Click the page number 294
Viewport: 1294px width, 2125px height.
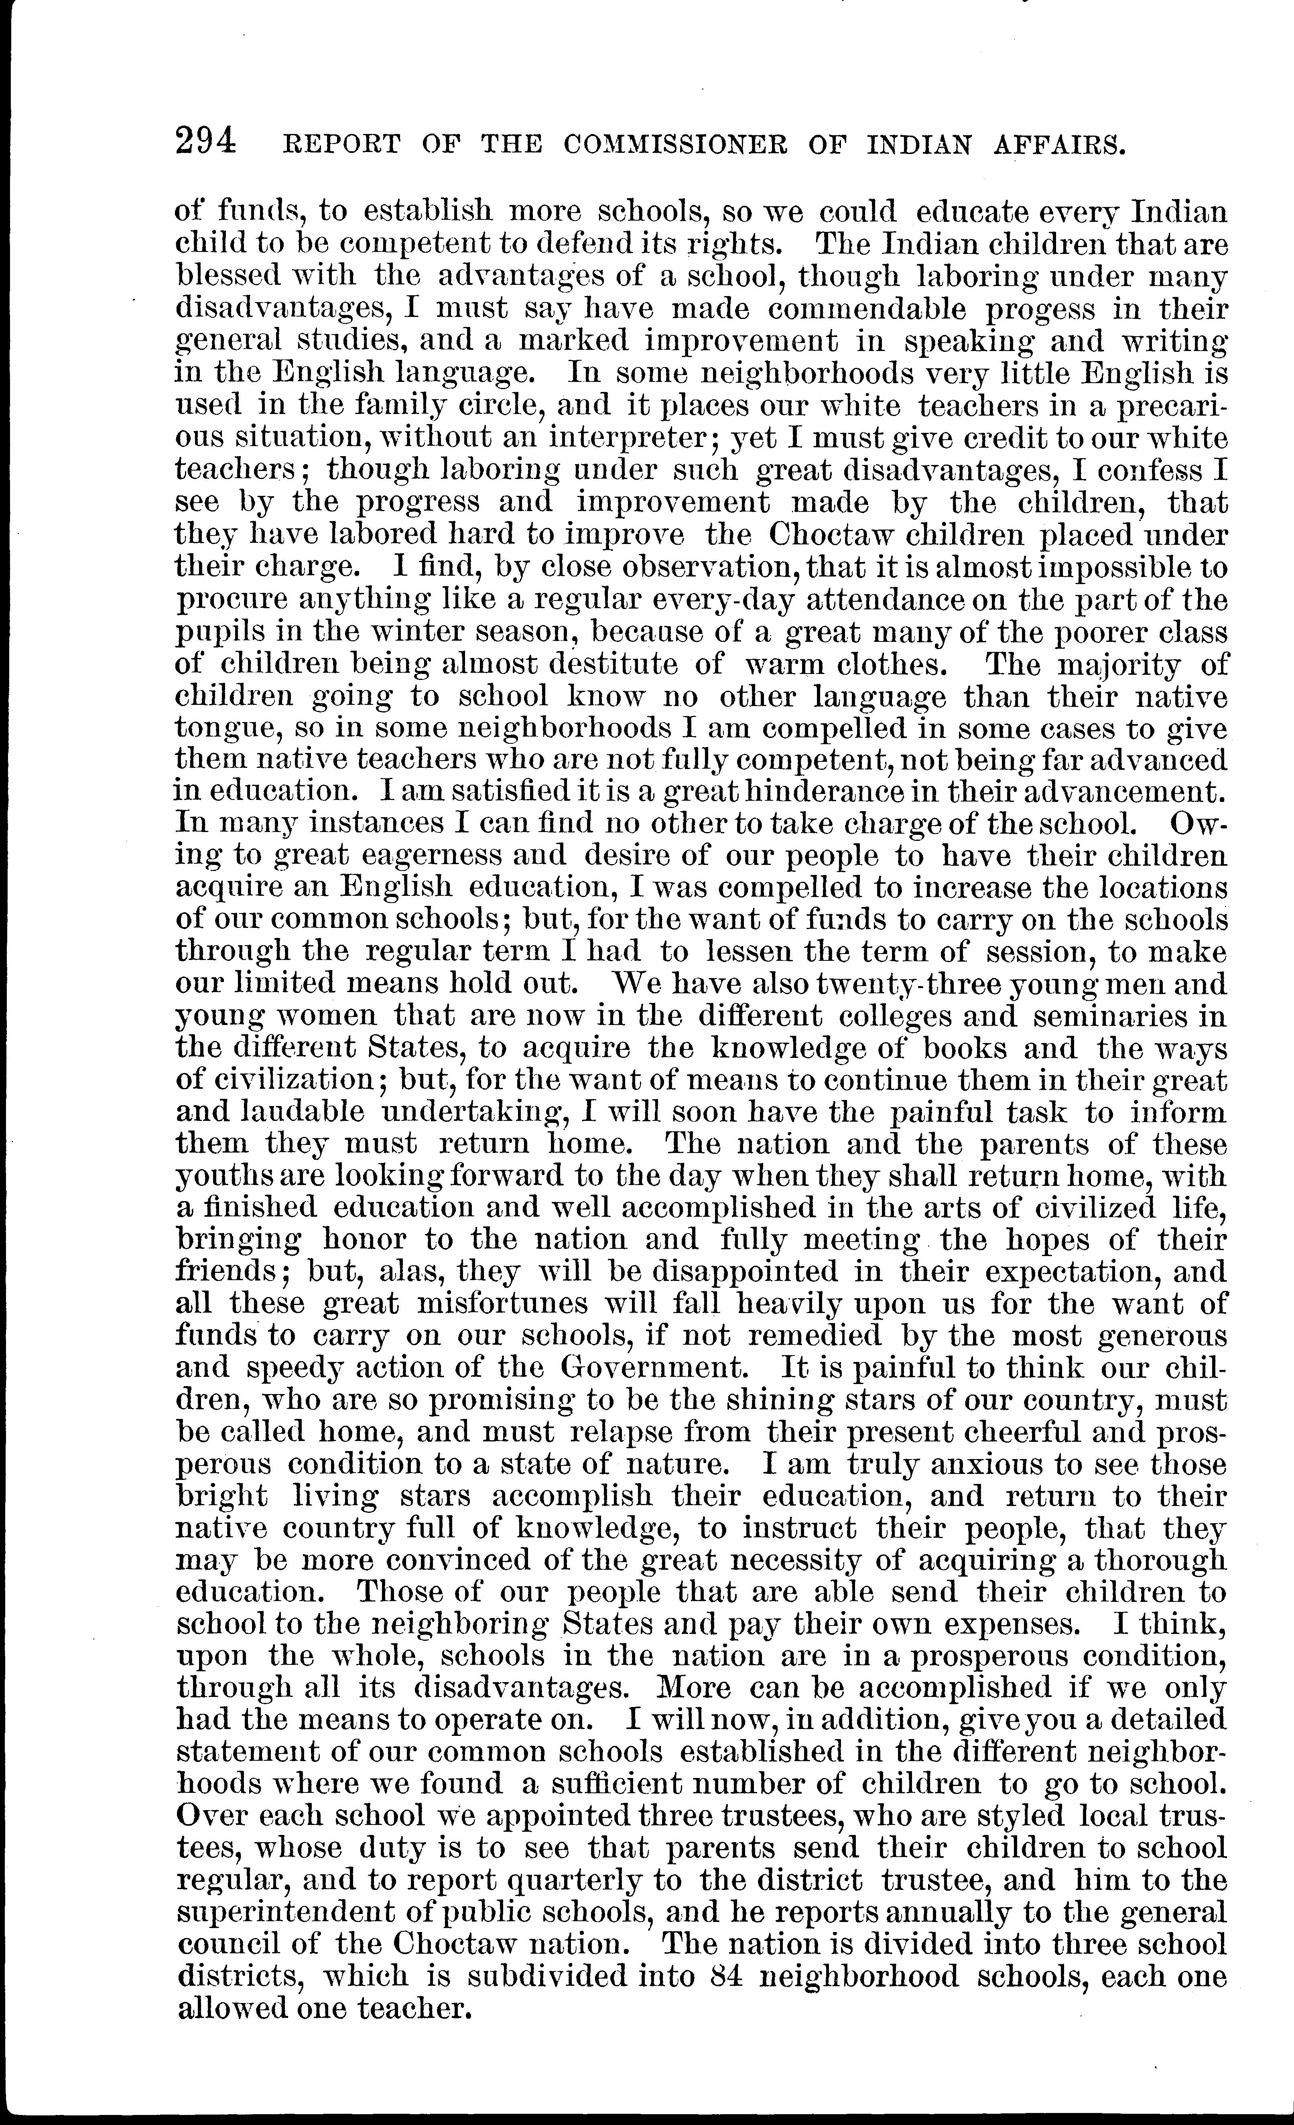[x=205, y=140]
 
